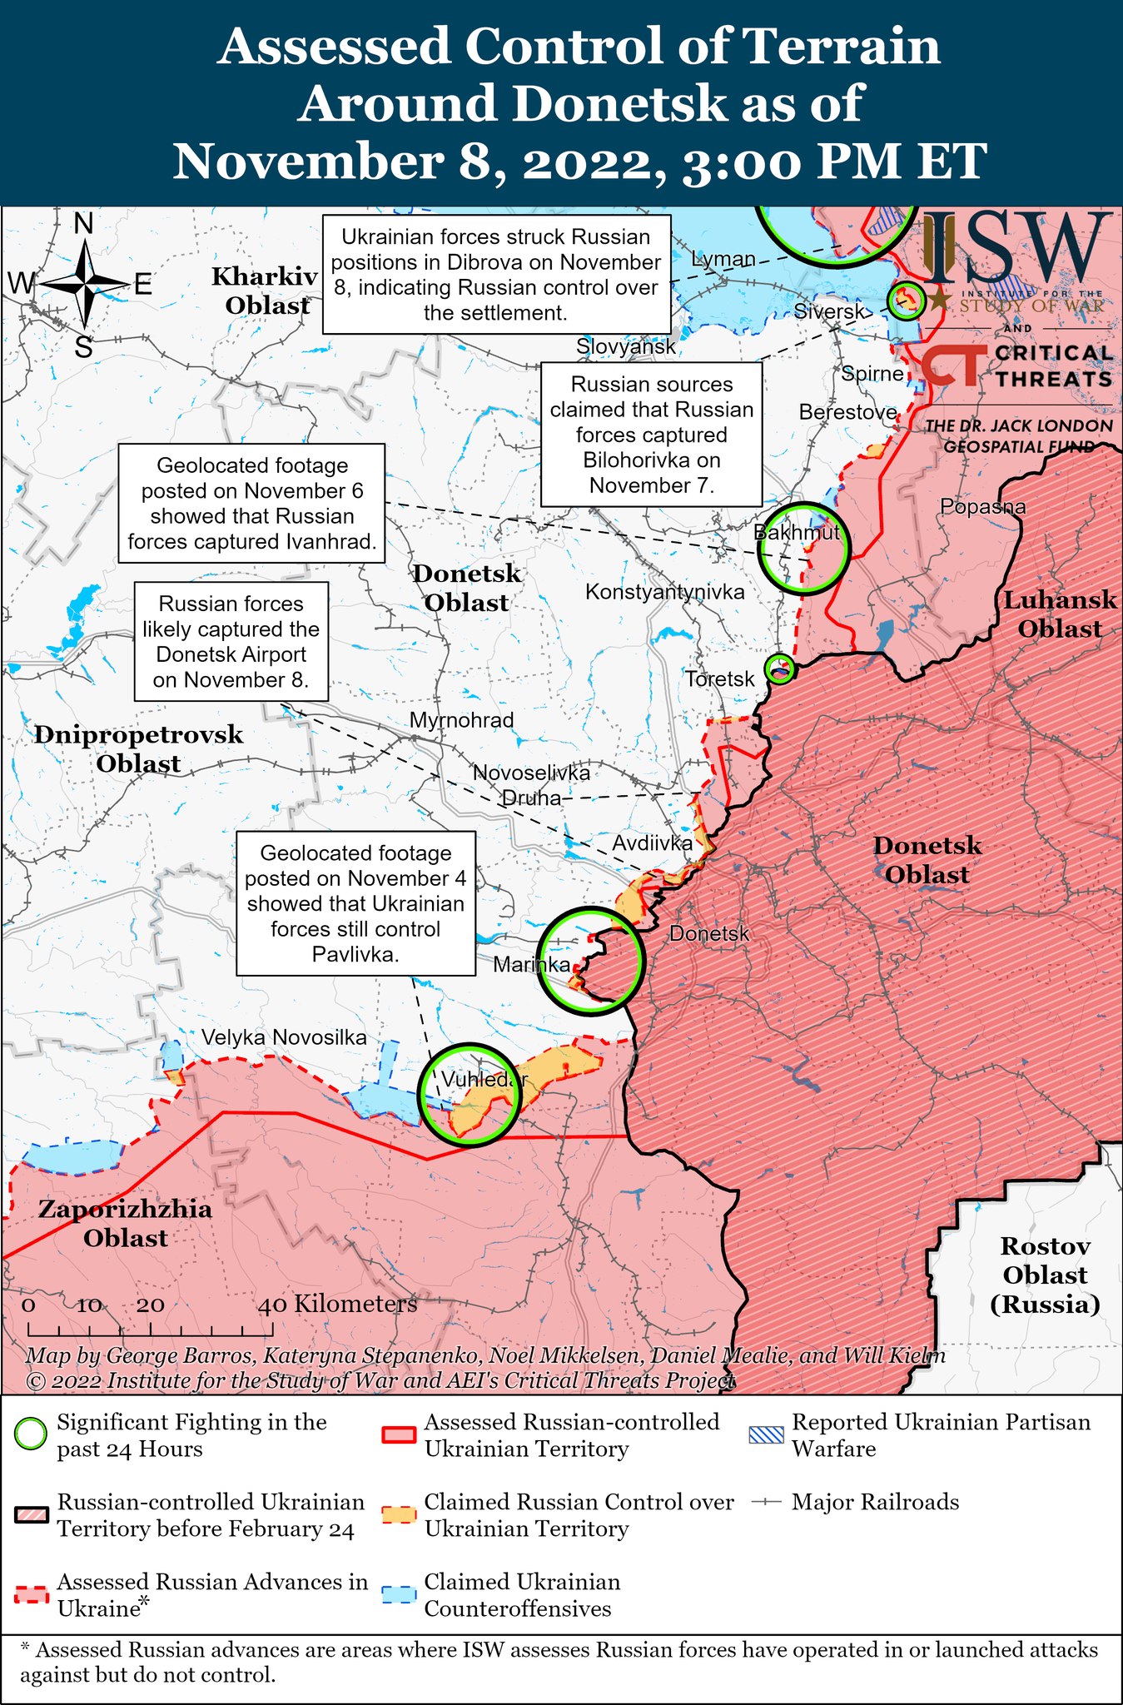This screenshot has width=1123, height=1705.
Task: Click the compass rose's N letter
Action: [83, 224]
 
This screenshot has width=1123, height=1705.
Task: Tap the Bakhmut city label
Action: [797, 533]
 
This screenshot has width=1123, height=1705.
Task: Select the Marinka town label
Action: [531, 965]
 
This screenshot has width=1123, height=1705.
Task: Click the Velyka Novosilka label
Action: [284, 1037]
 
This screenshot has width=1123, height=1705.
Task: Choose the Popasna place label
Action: [982, 506]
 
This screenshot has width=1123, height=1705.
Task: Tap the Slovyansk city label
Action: [626, 346]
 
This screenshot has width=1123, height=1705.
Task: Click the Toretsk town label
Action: [720, 679]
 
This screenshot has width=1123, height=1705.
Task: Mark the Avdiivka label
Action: [653, 843]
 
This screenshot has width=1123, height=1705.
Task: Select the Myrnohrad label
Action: [462, 720]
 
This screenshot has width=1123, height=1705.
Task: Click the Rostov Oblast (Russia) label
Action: [1045, 1275]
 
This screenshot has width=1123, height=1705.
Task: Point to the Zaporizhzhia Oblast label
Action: [125, 1223]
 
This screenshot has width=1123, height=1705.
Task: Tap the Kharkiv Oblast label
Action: [265, 291]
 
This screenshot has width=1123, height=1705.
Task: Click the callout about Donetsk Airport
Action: [231, 641]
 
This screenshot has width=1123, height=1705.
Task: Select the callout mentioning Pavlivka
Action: [355, 903]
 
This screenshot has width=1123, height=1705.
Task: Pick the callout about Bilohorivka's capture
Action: [651, 435]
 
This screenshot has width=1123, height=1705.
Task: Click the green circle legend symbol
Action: [31, 1434]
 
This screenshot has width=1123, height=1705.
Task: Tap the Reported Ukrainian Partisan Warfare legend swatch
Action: [766, 1434]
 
